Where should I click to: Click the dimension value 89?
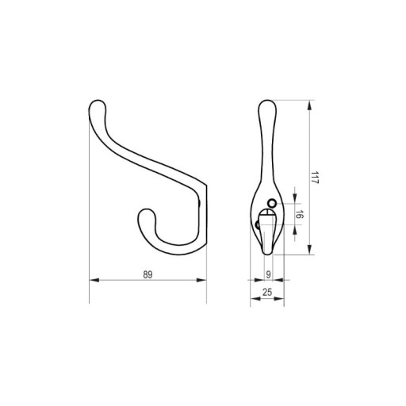(x=147, y=275)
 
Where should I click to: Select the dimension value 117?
(x=314, y=178)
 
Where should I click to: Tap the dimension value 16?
(x=298, y=214)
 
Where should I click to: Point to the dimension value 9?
(x=268, y=275)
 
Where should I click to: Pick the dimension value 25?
(x=267, y=293)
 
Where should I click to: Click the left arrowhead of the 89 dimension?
(x=94, y=280)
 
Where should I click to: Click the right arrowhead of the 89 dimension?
(x=201, y=280)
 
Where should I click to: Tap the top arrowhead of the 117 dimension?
(x=309, y=105)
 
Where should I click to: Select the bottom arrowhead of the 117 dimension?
(x=309, y=250)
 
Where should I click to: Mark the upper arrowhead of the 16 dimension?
(x=295, y=199)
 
